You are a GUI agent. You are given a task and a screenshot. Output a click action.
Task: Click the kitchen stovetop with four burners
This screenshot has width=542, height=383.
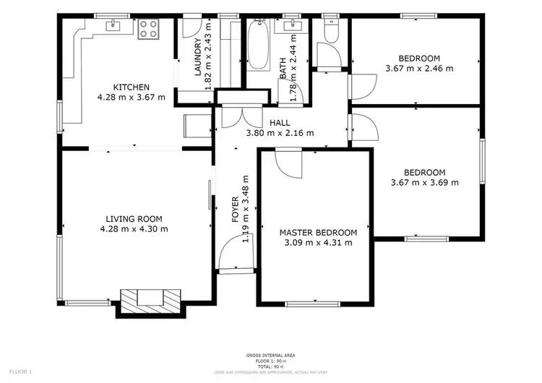(x=148, y=28)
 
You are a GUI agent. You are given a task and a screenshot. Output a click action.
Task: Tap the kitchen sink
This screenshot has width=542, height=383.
(x=114, y=26)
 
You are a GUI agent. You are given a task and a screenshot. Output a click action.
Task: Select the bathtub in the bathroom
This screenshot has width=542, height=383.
(x=258, y=43)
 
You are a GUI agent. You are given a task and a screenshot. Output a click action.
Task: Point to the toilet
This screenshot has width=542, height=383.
(x=330, y=28)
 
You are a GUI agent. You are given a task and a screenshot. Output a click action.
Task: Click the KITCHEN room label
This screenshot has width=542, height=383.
(x=131, y=87)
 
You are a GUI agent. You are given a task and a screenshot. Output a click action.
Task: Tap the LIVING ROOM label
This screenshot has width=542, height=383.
(x=134, y=219)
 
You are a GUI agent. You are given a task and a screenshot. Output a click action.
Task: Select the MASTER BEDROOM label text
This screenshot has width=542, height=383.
(x=318, y=233)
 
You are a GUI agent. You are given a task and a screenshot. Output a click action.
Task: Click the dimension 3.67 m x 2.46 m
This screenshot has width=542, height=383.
(x=420, y=69)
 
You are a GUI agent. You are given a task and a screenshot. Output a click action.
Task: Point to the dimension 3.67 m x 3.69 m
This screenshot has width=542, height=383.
(x=425, y=183)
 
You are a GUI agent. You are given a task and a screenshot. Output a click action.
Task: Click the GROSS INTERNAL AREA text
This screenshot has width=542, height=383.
(x=270, y=356)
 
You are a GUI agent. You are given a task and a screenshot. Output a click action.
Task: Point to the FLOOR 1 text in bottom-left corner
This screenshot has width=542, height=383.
(x=21, y=371)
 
